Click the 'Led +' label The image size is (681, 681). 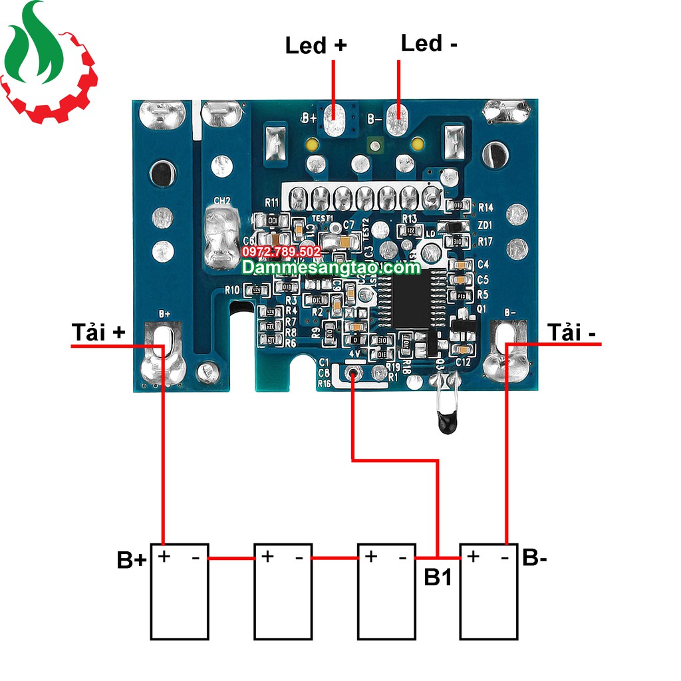point(316,45)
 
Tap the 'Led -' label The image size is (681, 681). point(429,43)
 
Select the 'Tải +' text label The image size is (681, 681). point(98,332)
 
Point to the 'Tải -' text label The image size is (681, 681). point(571,332)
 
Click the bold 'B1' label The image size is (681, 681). point(438,577)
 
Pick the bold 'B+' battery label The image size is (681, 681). point(131,560)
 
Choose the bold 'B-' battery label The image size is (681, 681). point(535,557)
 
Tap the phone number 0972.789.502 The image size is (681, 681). point(282,252)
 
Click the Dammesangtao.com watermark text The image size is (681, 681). point(331,267)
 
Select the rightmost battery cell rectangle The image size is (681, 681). point(489,592)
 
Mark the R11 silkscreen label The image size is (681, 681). point(272,202)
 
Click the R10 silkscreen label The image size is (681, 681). point(232,290)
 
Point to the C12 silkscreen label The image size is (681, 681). point(464,362)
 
